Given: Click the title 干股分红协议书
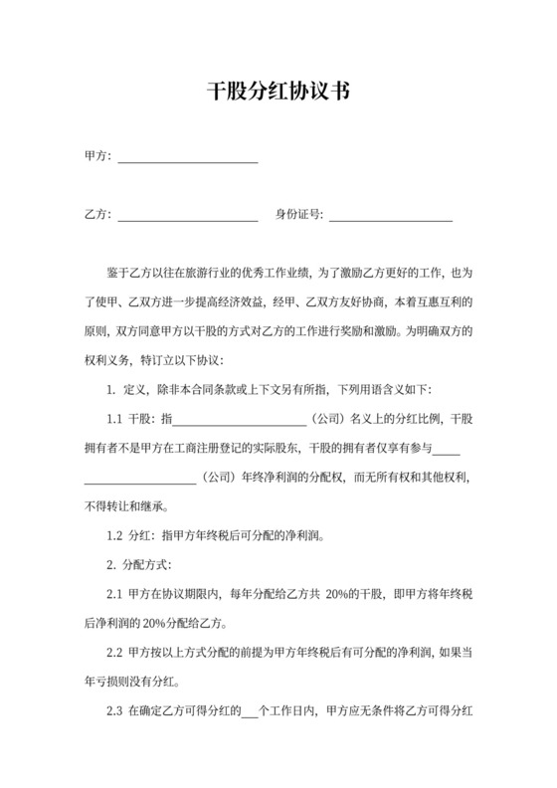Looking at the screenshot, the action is pyautogui.click(x=278, y=92).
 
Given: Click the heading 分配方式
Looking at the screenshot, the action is pyautogui.click(x=147, y=565).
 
